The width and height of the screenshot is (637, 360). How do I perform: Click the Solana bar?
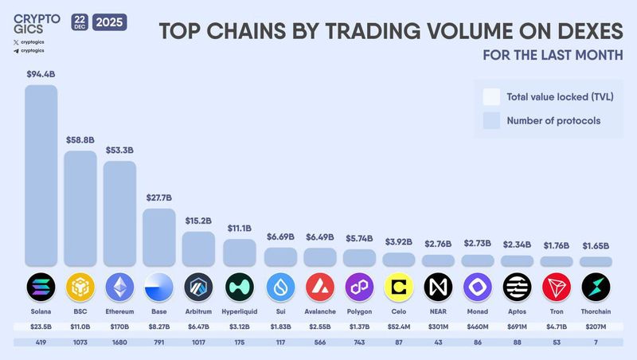point(41,175)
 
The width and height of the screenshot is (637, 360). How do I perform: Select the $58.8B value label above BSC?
point(80,139)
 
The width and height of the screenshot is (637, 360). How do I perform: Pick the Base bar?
point(159,237)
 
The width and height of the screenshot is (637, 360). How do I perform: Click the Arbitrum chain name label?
point(198,311)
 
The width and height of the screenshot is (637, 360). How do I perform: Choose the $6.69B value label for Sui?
point(279,237)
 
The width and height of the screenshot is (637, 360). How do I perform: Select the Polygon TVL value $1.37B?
point(358,327)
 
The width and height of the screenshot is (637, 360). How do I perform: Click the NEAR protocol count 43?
point(438,342)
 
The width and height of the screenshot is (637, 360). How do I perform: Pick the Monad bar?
point(478,260)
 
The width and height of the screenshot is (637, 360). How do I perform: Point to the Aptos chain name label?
point(518,311)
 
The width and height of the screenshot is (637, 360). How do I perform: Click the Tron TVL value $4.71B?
point(557,327)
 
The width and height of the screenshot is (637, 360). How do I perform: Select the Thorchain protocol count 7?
point(596,342)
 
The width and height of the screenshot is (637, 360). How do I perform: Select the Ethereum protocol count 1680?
point(119,342)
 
